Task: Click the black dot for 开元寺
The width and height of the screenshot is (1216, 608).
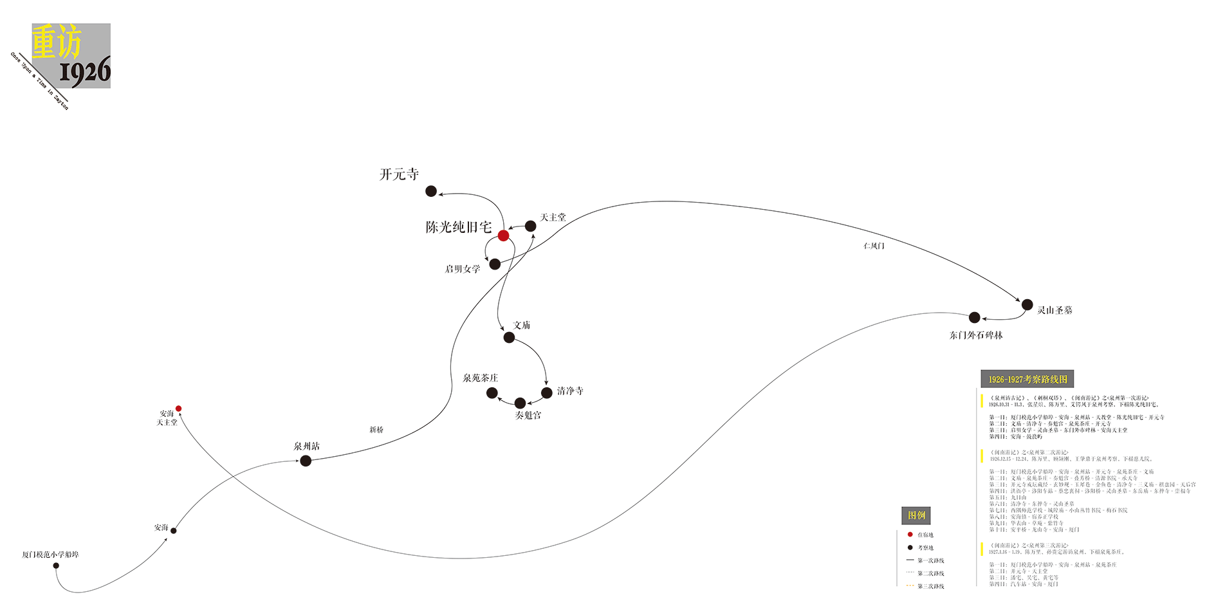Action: pyautogui.click(x=431, y=191)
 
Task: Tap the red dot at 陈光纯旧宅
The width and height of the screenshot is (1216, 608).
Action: pyautogui.click(x=503, y=235)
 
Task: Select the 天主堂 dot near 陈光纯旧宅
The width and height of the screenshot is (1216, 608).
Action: pyautogui.click(x=530, y=226)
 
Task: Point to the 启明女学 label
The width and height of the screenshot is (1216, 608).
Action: pyautogui.click(x=462, y=269)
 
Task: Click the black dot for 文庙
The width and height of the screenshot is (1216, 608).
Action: pyautogui.click(x=509, y=337)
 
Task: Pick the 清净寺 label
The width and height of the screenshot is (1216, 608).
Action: pyautogui.click(x=570, y=391)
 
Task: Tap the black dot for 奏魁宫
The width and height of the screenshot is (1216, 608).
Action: pyautogui.click(x=520, y=403)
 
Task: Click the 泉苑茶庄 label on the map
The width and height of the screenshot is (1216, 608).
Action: pyautogui.click(x=480, y=378)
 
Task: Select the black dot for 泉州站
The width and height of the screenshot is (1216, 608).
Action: pyautogui.click(x=306, y=461)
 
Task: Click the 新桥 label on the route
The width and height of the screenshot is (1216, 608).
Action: pyautogui.click(x=376, y=430)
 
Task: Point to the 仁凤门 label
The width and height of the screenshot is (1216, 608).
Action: pyautogui.click(x=874, y=246)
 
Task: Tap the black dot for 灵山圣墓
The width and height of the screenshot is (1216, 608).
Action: pyautogui.click(x=1027, y=304)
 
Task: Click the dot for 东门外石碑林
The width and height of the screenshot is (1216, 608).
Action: pyautogui.click(x=974, y=317)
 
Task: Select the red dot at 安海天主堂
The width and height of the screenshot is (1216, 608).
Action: pyautogui.click(x=178, y=409)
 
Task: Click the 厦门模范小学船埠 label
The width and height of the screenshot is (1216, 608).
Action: pyautogui.click(x=50, y=555)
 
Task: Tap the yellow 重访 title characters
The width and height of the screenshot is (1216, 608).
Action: pyautogui.click(x=57, y=42)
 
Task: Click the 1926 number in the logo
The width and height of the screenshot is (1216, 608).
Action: pyautogui.click(x=85, y=72)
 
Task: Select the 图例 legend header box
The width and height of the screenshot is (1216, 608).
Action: pyautogui.click(x=916, y=515)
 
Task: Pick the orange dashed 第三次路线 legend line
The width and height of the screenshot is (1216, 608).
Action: pyautogui.click(x=910, y=586)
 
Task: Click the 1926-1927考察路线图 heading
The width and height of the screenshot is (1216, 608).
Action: pyautogui.click(x=1027, y=379)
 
